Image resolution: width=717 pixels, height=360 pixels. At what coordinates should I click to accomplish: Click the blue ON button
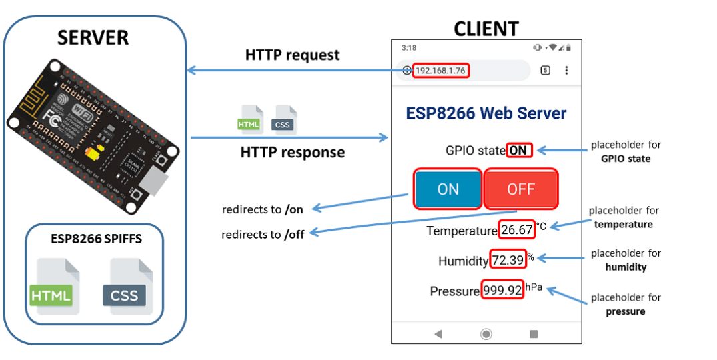tap(448, 189)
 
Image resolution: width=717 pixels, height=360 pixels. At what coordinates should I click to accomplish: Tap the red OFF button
tap(520, 189)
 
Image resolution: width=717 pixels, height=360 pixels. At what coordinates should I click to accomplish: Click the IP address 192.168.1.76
tap(440, 71)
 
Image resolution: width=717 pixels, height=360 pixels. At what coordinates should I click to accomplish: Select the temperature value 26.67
tap(517, 230)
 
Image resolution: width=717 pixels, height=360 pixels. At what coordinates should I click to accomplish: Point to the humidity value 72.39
tap(508, 261)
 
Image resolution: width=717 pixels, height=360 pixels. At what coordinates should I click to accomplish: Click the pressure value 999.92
tap(502, 291)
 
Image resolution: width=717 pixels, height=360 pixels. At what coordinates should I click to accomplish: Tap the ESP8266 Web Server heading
tap(486, 113)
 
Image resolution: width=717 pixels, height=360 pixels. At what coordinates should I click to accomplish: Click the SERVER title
tap(93, 37)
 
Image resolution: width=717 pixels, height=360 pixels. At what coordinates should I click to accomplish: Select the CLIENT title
tap(486, 29)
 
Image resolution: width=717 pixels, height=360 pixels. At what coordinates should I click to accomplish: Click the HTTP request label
tap(292, 55)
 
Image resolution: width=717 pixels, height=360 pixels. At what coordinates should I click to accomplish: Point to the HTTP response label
tap(292, 152)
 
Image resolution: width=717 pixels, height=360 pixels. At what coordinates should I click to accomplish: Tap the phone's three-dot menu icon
tap(566, 71)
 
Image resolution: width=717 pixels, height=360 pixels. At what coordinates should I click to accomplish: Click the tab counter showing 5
tap(545, 71)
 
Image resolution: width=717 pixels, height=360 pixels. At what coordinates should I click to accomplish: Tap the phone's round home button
tap(486, 333)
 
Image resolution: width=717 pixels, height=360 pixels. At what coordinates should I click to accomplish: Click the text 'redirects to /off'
tap(263, 235)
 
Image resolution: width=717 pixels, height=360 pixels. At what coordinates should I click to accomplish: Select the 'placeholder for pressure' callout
tap(626, 304)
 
